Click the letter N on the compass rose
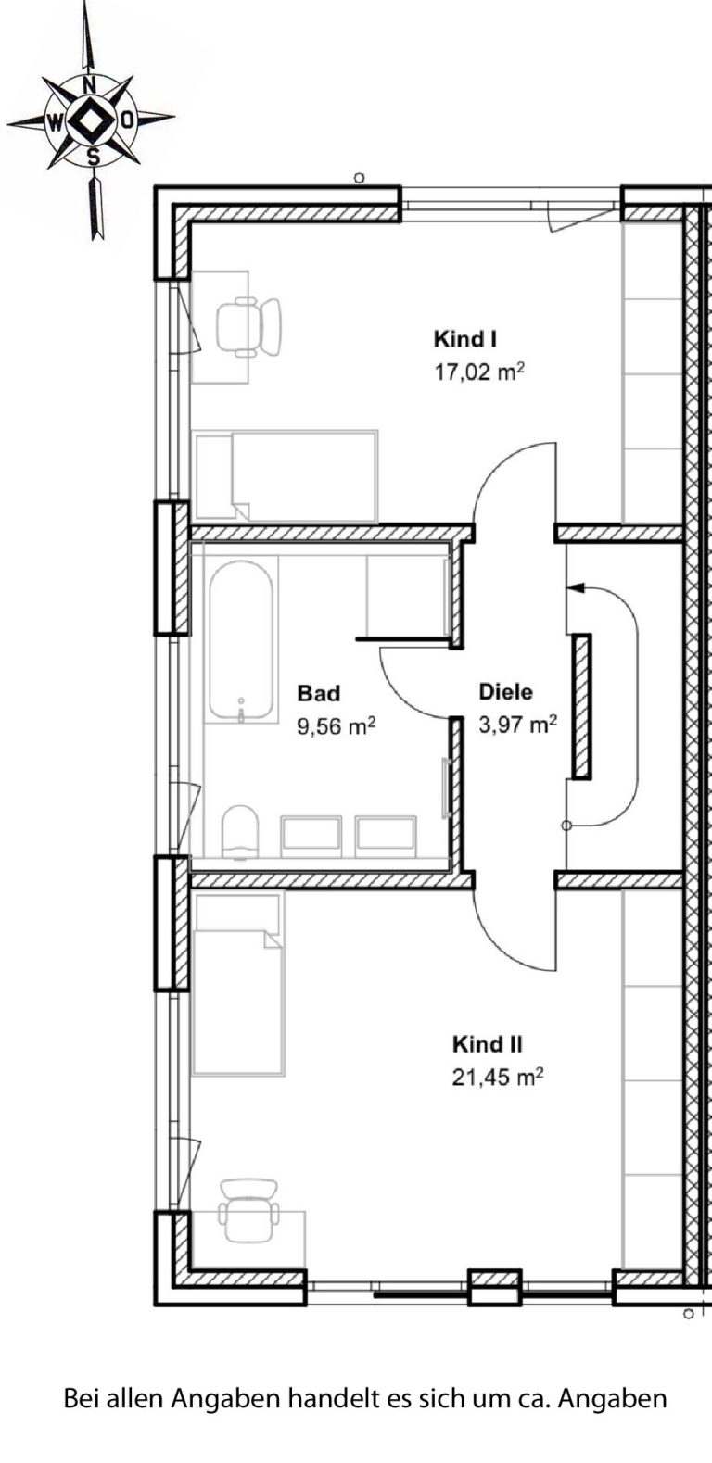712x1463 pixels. pos(91,85)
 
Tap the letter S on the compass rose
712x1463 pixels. pos(95,156)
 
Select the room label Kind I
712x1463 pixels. pos(465,339)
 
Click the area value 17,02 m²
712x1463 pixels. pos(479,372)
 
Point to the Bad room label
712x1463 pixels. pos(318,692)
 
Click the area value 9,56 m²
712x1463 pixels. pos(336,725)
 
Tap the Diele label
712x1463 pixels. pos(506,692)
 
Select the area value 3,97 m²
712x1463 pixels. pos(518,725)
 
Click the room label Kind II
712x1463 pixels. pos(487,1044)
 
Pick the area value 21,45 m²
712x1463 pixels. pos(498,1077)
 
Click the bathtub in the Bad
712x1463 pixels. pos(241,638)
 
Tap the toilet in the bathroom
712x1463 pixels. pos(240,831)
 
